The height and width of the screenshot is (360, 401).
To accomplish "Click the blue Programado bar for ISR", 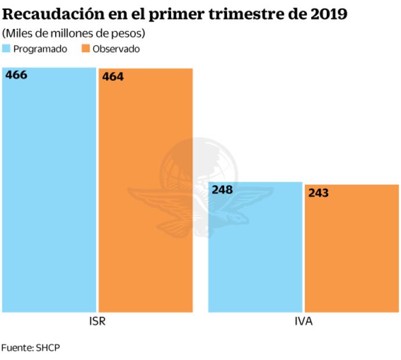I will [49, 192].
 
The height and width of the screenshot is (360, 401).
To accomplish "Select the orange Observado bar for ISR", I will [145, 192].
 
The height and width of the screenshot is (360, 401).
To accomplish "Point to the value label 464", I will [113, 77].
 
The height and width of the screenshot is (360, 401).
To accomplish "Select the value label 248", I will [223, 190].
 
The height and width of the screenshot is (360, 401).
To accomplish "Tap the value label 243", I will [319, 193].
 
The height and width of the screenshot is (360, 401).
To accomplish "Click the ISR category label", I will [97, 321].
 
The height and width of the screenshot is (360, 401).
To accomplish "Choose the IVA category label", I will [304, 321].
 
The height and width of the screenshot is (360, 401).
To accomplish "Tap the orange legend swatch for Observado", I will [81, 49].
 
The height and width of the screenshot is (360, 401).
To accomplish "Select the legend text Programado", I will [40, 49].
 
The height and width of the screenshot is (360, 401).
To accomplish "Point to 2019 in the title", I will [328, 13].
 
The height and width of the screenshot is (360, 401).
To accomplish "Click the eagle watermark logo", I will [198, 186].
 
